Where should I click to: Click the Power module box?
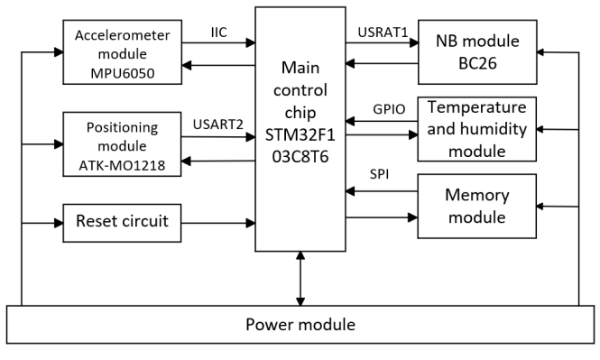coord(300,325)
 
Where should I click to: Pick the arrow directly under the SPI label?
coord(381,190)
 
